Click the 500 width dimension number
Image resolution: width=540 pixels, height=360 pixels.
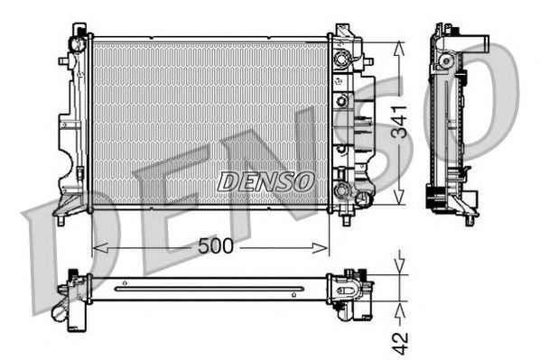(x=216, y=246)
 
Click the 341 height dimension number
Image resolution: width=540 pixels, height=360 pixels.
(x=399, y=122)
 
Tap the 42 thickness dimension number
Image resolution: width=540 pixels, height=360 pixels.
(x=400, y=344)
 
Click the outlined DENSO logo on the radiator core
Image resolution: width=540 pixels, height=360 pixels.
(x=265, y=181)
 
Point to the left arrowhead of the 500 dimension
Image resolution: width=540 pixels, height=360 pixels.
(x=100, y=247)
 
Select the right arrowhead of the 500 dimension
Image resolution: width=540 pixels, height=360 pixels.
(x=320, y=247)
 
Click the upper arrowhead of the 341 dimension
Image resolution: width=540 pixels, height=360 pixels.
(x=399, y=49)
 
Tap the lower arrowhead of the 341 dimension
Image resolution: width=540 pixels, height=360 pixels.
(x=399, y=198)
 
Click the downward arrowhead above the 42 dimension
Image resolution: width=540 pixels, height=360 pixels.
(x=399, y=266)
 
